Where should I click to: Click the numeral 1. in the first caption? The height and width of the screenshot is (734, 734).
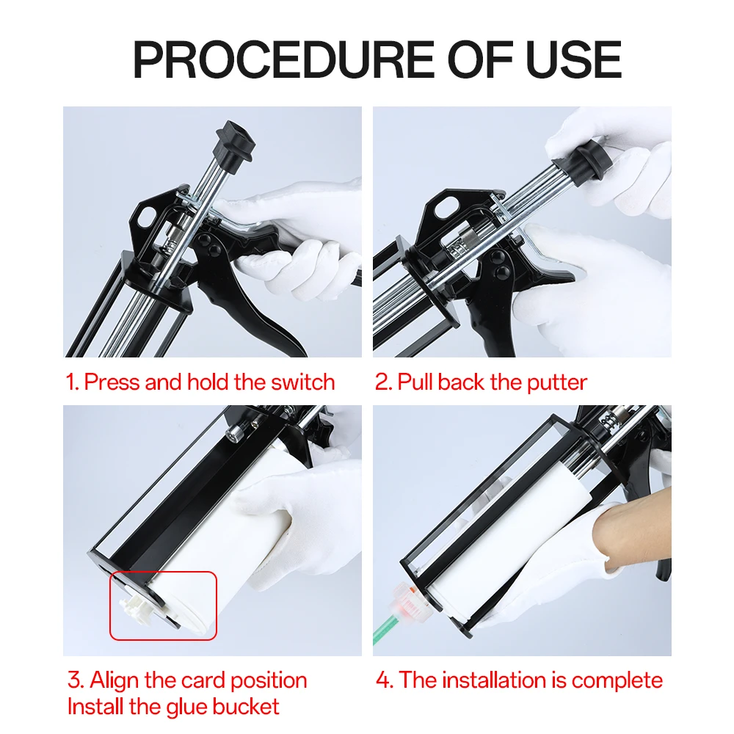(72, 382)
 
